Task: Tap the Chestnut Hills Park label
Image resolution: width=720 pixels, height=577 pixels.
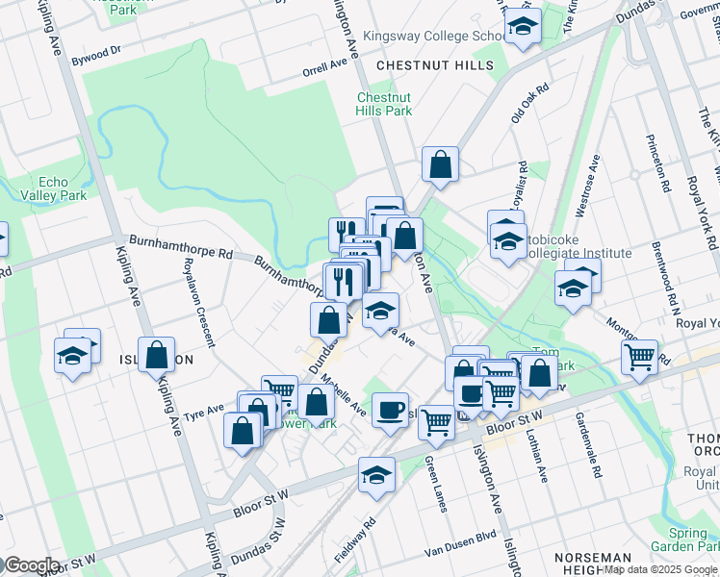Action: click(x=384, y=104)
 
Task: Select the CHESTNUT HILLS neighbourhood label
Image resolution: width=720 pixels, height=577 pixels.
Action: click(x=435, y=65)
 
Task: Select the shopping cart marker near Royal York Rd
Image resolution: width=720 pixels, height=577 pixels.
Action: click(x=639, y=358)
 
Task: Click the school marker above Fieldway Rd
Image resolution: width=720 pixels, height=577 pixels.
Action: click(x=377, y=474)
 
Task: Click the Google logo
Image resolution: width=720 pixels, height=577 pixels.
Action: click(x=31, y=565)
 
